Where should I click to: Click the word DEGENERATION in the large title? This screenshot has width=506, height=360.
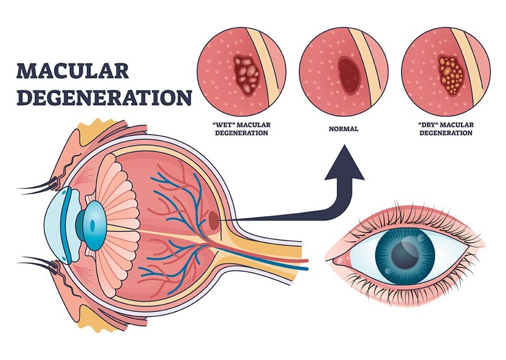pos(104,97)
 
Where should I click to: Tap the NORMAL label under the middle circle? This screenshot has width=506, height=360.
pos(344,129)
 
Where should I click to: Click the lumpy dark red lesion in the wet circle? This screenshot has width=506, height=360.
pos(246,74)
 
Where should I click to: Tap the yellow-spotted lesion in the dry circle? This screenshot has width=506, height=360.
pos(450,73)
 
